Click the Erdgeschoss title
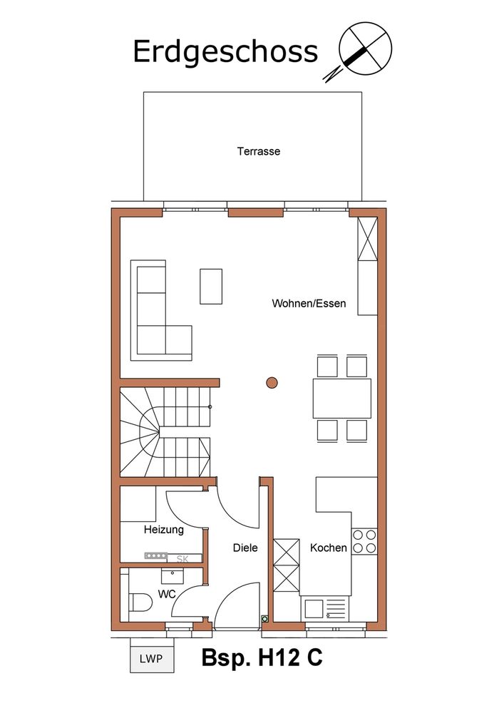coord(225,52)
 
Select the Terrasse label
coord(259,151)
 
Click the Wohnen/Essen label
coord(309,303)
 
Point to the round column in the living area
coord(272,383)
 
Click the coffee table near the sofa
coord(211,287)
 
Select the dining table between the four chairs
coord(341,399)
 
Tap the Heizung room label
coord(164,530)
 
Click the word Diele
coord(245,548)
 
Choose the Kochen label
coord(328,548)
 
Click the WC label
coord(167,594)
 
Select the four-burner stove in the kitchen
coord(365,542)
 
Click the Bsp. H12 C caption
coord(262,657)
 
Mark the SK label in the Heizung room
coord(182,559)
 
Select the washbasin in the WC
coord(173,575)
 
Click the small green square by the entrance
coord(264,618)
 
